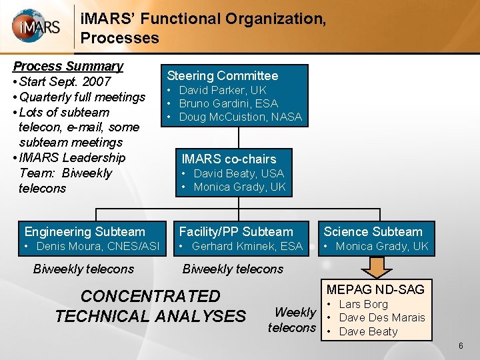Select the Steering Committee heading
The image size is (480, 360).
coord(222,76)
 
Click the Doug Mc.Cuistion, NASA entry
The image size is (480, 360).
coord(240,117)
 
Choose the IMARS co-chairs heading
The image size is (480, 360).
coord(229,159)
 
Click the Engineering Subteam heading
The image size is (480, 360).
coord(85,232)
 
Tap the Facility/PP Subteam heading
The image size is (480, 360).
coord(236,232)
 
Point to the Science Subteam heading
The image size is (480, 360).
coord(373,232)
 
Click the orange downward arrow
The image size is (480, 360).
coord(380,267)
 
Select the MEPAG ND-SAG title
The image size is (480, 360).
coord(375,289)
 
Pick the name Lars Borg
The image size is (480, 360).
coord(363,304)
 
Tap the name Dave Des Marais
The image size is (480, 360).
coord(381,317)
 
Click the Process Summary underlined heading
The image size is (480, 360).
coord(68,66)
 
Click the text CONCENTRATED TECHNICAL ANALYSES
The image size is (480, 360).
coord(150,305)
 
